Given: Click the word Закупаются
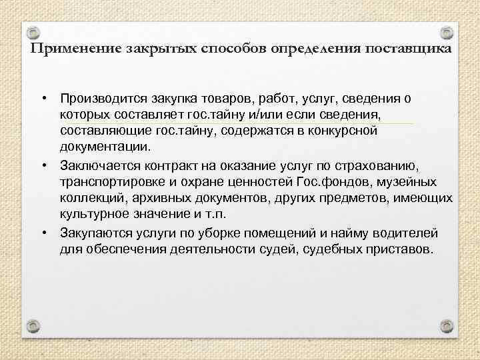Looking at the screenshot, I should (x=93, y=233).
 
